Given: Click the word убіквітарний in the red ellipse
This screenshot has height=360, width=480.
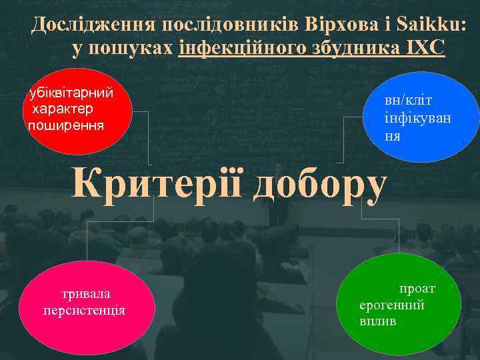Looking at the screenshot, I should [70, 94].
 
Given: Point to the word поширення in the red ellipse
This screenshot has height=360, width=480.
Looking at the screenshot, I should [65, 124].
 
